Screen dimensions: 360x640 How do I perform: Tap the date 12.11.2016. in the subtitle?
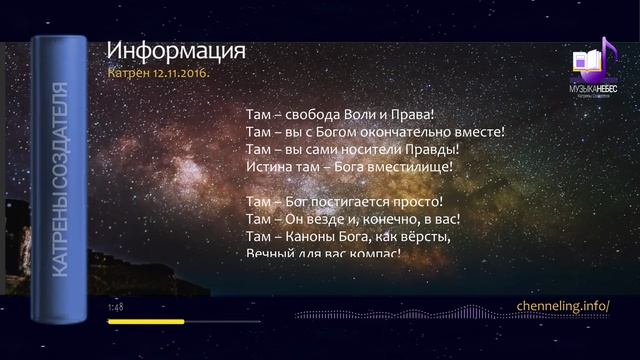tap(183, 73)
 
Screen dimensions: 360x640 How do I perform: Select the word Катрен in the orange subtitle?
tap(130, 73)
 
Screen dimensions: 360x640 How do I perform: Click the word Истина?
tap(267, 167)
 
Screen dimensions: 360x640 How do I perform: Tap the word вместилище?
tap(411, 167)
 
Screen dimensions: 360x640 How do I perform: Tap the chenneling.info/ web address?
tap(562, 305)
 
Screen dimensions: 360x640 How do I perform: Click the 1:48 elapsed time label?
tap(115, 308)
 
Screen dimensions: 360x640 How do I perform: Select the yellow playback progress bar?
tap(146, 322)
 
